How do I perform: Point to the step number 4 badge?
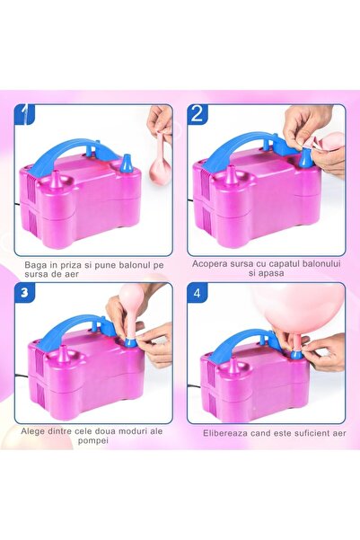coord(198,293)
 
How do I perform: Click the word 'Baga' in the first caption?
coord(40,264)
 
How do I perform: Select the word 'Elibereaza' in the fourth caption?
coord(220,431)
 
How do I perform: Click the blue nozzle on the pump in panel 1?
coord(127,164)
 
